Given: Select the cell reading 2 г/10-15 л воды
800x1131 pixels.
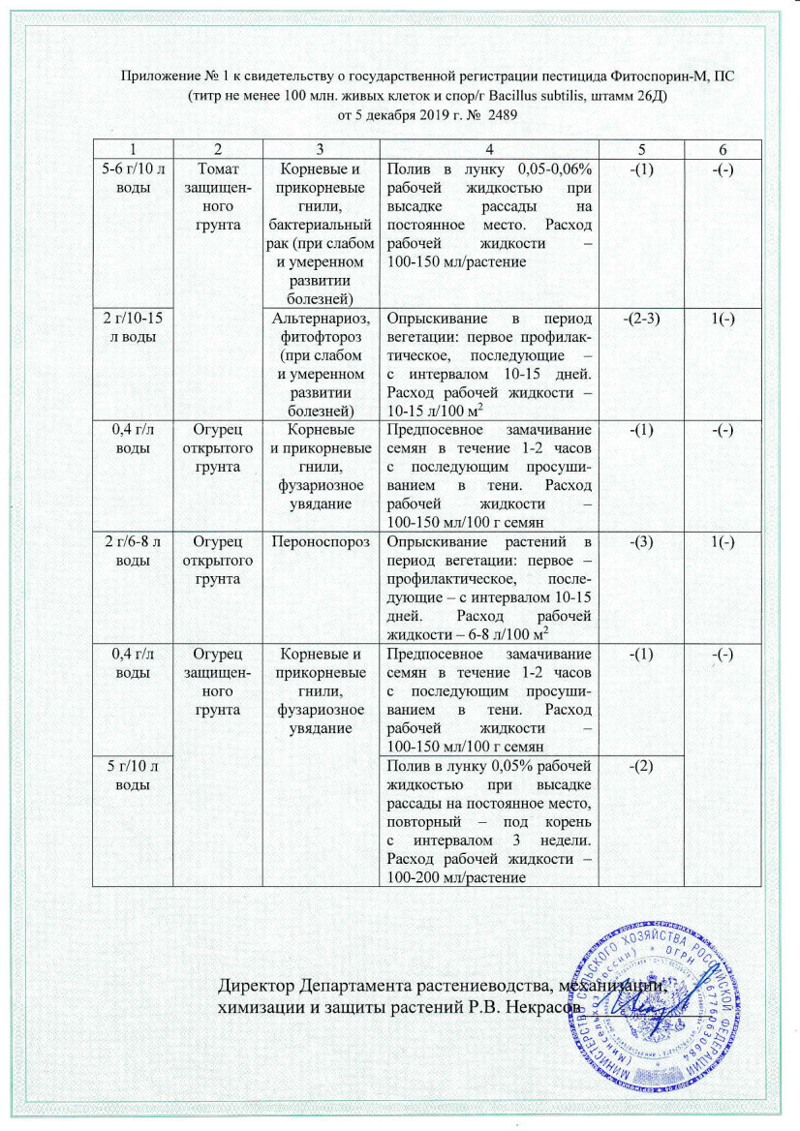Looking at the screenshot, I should (x=133, y=326).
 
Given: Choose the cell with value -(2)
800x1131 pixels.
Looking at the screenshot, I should (x=640, y=768).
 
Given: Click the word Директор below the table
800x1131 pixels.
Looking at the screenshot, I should (x=255, y=987).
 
